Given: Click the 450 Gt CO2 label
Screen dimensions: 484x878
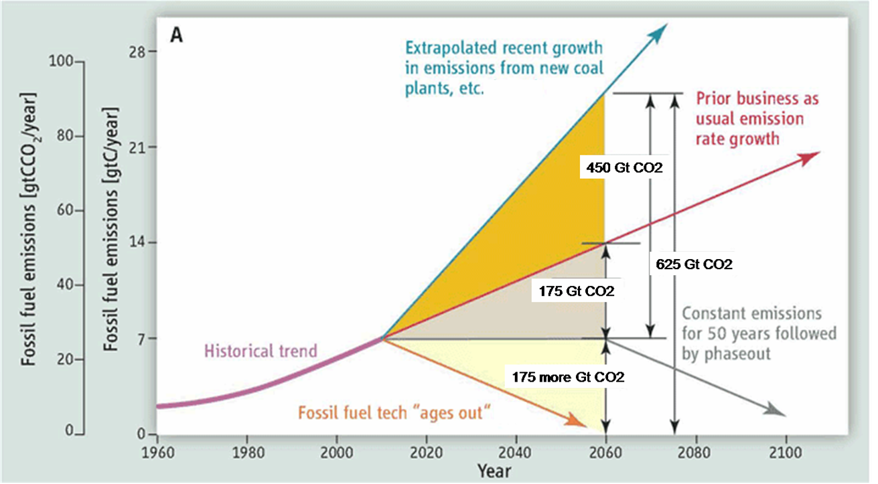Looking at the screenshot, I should [624, 168].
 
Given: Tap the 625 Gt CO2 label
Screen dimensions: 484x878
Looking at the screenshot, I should [693, 264].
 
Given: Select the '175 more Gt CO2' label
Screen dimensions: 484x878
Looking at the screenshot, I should [568, 378].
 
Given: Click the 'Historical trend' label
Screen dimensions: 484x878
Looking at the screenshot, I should [261, 351].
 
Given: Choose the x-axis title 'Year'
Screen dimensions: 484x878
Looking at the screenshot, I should [494, 470].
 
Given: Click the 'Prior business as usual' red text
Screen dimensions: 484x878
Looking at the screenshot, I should [749, 119].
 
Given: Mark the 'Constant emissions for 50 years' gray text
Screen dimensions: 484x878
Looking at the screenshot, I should [759, 333].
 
